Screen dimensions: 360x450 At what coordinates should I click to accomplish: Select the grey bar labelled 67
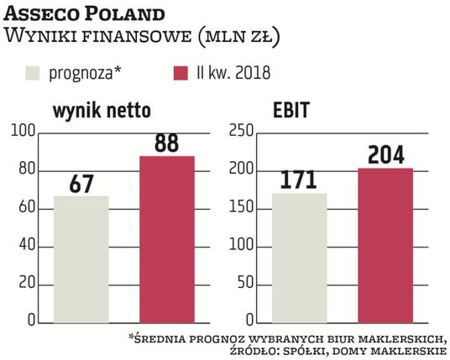[81, 259]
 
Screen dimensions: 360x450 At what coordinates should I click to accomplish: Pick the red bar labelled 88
[166, 239]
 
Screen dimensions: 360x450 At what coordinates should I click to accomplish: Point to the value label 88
[166, 143]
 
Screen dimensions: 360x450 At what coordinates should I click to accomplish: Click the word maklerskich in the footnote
[402, 337]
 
